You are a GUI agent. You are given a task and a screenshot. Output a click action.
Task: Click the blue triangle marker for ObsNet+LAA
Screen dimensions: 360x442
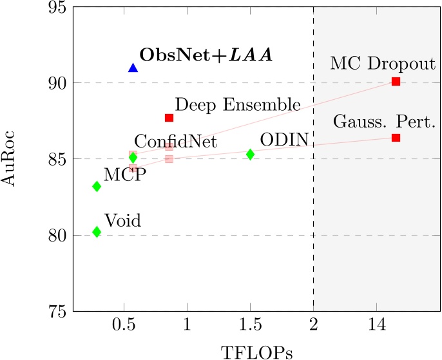133,68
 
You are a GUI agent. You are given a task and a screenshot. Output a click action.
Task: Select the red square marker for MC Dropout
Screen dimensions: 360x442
396,81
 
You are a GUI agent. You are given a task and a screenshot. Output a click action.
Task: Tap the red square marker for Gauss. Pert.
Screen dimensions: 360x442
396,138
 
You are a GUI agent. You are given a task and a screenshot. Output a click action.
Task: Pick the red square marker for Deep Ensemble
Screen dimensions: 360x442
169,118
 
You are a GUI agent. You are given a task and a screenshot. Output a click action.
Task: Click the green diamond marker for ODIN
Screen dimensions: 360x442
250,155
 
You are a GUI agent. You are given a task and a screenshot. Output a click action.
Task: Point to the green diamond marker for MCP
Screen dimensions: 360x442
97,186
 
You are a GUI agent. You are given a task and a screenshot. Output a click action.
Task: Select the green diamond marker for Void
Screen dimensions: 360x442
97,232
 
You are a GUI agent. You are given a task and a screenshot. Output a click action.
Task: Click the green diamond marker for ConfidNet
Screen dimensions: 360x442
133,157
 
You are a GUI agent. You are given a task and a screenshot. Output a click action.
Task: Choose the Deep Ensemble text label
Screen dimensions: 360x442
238,104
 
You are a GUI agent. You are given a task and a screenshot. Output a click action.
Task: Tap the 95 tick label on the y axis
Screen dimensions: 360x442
53,7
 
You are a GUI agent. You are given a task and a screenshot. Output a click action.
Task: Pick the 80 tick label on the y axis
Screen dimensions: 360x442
53,235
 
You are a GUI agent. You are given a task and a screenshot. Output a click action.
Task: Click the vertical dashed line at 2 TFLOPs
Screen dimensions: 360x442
314,193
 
